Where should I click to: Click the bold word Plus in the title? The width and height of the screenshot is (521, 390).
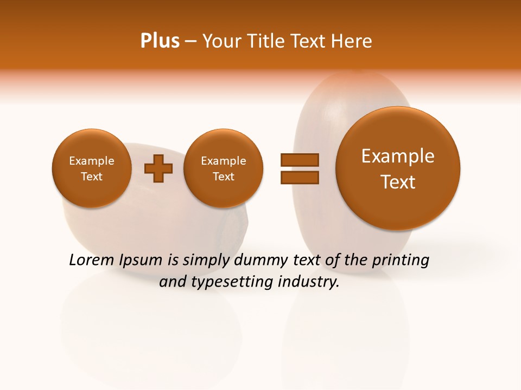coord(160,41)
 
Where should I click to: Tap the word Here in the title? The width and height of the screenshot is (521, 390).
coord(353,41)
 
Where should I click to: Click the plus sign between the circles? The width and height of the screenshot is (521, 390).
coord(158,168)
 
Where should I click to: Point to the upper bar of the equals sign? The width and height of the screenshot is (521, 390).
coord(299,160)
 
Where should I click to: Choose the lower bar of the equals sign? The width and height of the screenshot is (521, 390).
coord(299,178)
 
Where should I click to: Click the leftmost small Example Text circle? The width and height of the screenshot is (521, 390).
coord(91,168)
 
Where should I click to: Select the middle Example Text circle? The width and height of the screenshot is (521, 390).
coord(223,168)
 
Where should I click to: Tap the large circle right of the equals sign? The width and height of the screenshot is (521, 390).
coord(398,168)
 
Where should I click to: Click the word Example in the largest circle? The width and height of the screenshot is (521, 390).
coord(398,156)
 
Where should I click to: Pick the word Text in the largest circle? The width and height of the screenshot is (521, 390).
coord(398,182)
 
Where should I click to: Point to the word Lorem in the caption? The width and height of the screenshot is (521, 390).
coord(91,260)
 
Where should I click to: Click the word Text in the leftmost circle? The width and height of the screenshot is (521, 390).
coord(91,177)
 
